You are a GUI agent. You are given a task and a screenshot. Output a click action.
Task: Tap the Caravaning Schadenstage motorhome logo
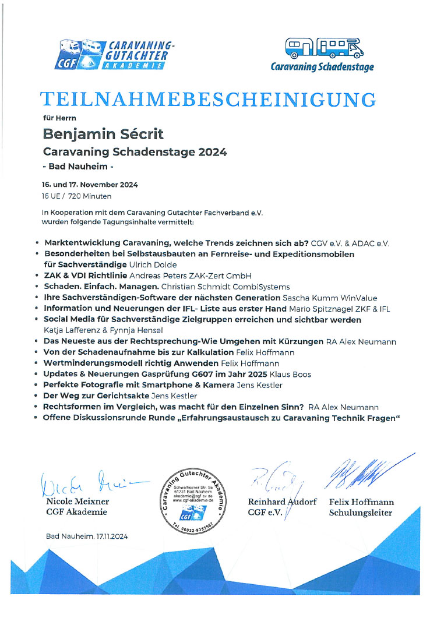pos(322,54)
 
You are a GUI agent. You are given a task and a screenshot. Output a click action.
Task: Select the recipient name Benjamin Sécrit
pos(104,135)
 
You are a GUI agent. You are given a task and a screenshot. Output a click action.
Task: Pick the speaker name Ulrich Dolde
pos(134,264)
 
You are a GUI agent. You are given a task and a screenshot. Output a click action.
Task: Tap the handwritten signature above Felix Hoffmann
pos(358,472)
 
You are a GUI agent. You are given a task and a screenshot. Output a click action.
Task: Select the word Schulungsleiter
pos(361,513)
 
